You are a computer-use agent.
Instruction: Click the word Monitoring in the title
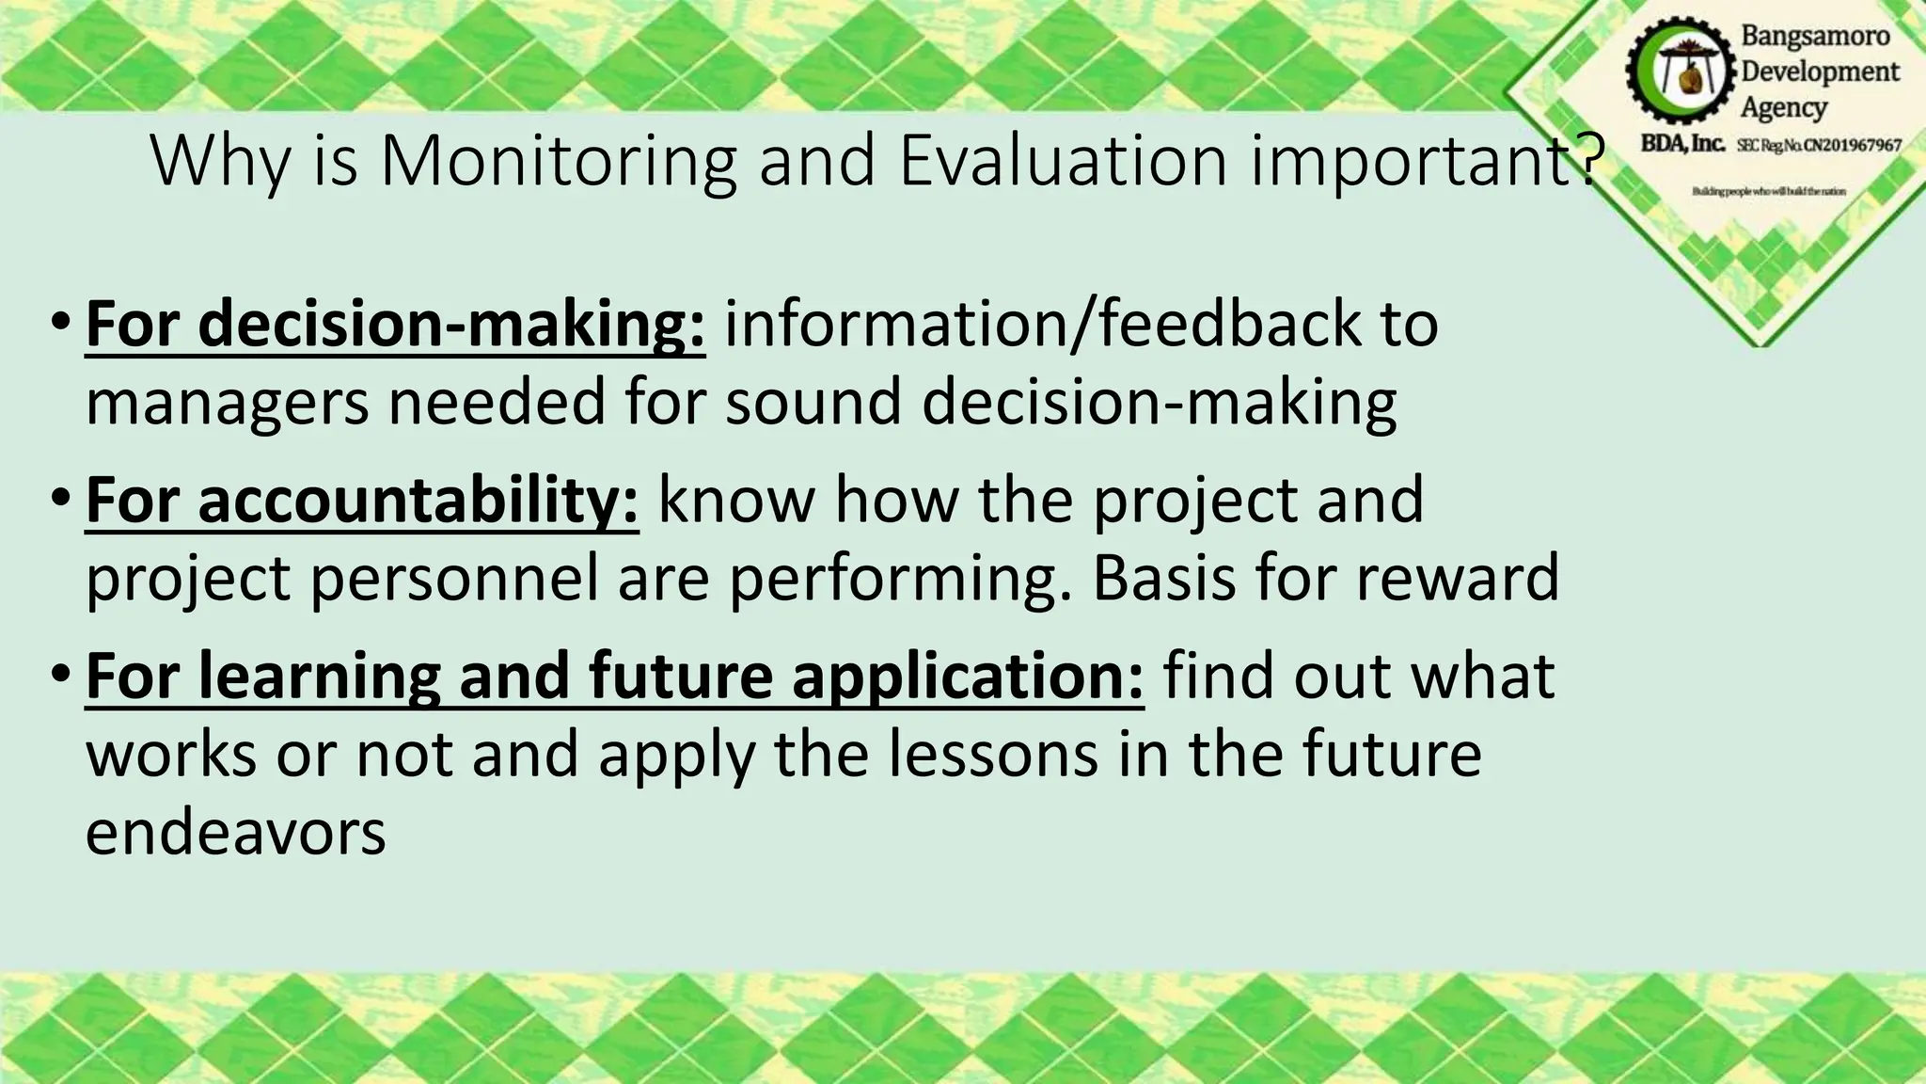[x=558, y=162]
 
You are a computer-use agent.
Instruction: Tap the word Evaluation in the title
[x=1063, y=162]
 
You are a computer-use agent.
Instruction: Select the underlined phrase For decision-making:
[x=395, y=325]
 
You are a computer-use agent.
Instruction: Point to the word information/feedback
[x=1041, y=325]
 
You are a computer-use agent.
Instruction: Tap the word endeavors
[x=236, y=834]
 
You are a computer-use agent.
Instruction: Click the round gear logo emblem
[x=1681, y=72]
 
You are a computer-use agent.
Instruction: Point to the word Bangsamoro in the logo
[x=1815, y=36]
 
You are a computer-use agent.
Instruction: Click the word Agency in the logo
[x=1783, y=107]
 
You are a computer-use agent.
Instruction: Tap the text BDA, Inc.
[x=1682, y=144]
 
